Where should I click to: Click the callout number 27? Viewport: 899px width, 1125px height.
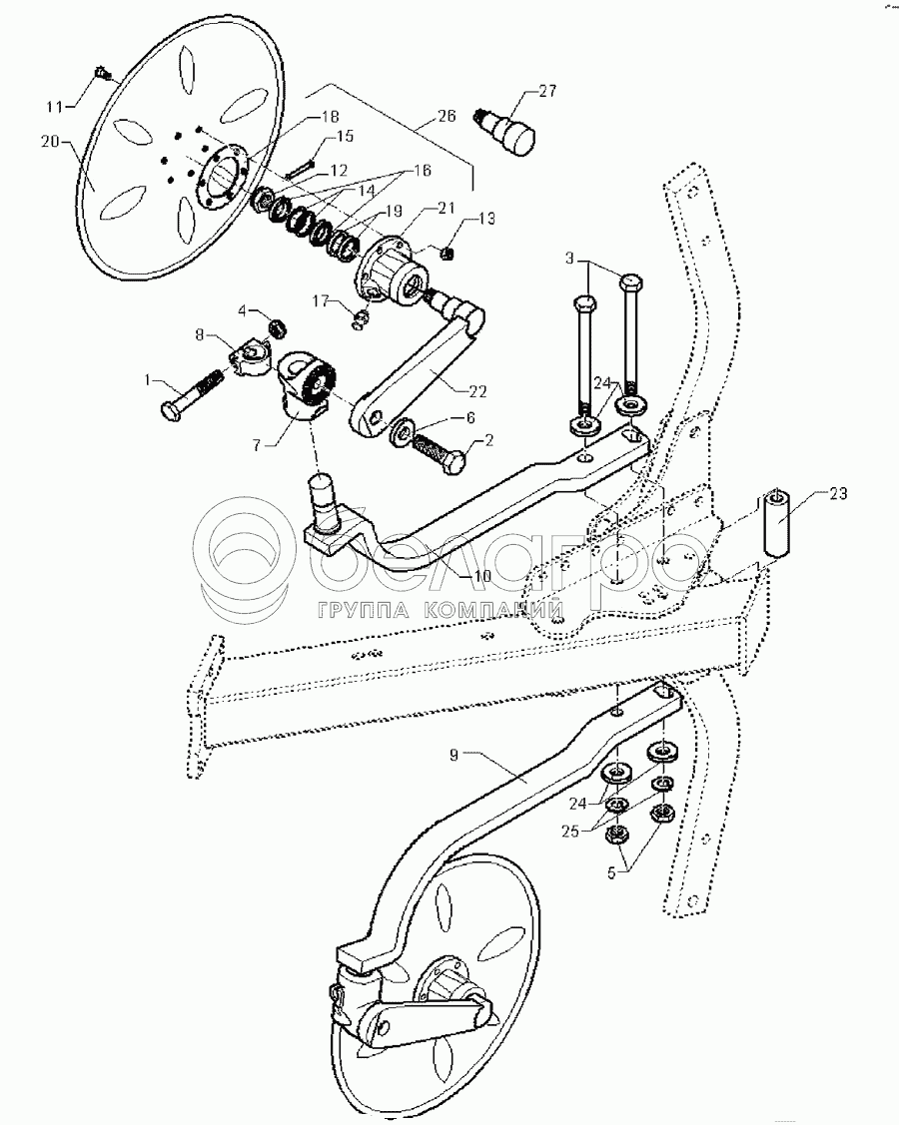(546, 91)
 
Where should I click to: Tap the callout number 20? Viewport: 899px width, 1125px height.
(51, 142)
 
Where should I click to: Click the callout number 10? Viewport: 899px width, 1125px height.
(481, 576)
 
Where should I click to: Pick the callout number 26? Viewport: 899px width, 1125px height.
(446, 116)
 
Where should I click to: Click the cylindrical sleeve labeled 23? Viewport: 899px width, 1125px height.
(778, 523)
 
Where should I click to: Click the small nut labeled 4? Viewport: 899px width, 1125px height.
(281, 327)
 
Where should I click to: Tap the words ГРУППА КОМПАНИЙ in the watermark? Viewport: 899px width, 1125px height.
(439, 610)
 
